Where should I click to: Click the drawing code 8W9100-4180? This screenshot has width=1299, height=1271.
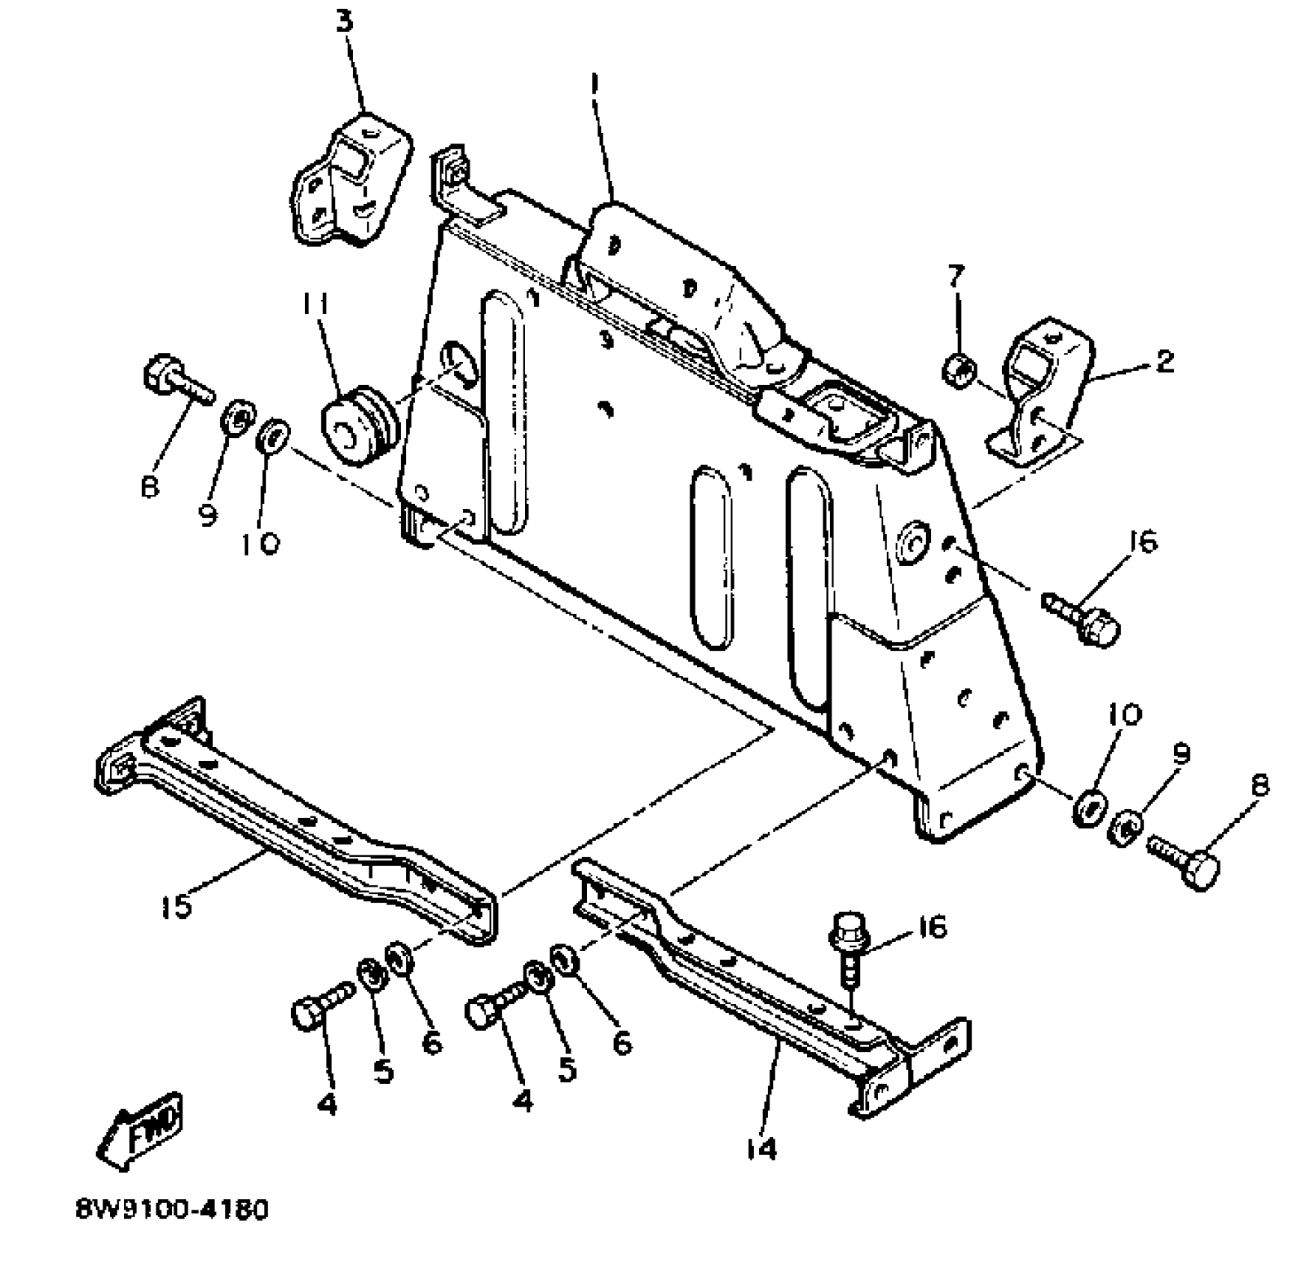tap(171, 1210)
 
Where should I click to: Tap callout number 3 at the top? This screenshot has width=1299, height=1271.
tap(343, 22)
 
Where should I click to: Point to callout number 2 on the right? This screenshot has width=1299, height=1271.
tap(1164, 362)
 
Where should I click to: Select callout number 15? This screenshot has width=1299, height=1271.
tap(176, 906)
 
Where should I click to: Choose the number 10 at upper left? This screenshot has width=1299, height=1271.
tap(260, 544)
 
